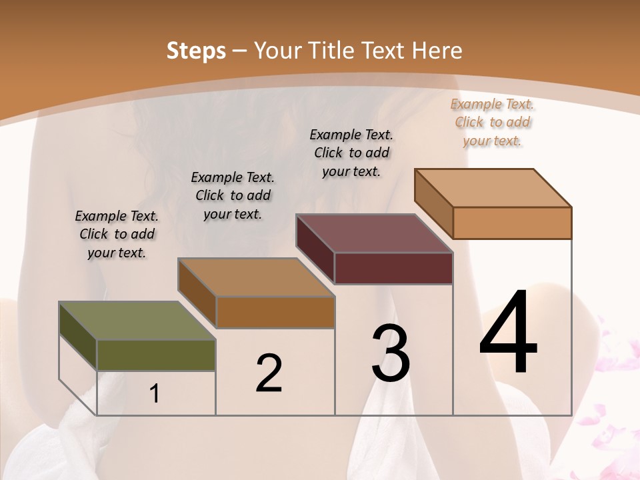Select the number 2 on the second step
(x=269, y=373)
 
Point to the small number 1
(x=155, y=394)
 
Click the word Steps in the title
(x=196, y=51)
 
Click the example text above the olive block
(x=117, y=234)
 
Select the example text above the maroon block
(x=351, y=153)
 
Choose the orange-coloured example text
(x=492, y=122)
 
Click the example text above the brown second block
(x=233, y=195)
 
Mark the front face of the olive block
(x=156, y=355)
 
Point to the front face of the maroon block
(x=393, y=268)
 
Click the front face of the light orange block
(x=512, y=223)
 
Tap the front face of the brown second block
(x=275, y=312)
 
